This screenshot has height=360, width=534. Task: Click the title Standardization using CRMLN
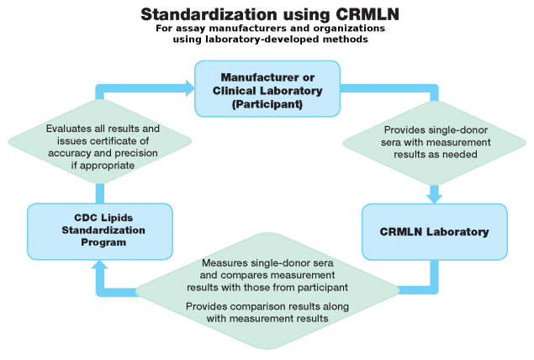266,14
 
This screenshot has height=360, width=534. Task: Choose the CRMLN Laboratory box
435,230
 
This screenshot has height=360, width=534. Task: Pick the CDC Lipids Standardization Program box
98,230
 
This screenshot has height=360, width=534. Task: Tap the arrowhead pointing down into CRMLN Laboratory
435,197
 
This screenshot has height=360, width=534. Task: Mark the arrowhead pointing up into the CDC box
98,265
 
